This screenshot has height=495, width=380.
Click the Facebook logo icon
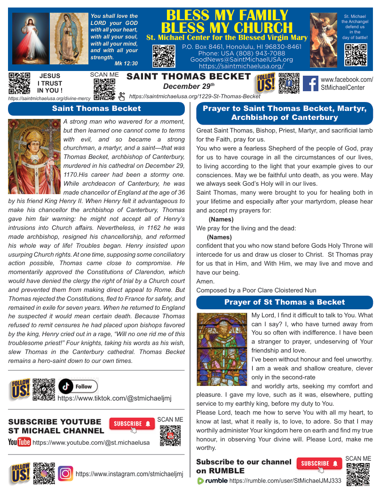click(310, 84)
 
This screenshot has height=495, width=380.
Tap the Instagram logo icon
click(65, 473)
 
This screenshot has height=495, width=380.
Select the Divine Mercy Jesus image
click(30, 38)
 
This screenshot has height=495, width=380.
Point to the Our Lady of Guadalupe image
click(69, 38)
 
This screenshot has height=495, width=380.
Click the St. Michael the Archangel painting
click(324, 37)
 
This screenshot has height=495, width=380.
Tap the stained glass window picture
click(222, 342)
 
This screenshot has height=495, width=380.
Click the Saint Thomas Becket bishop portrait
click(34, 156)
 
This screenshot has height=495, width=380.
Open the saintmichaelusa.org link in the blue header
click(241, 66)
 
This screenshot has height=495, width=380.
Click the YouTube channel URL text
click(91, 442)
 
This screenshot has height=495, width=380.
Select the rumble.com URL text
click(285, 480)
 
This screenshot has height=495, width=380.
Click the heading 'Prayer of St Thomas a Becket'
click(285, 302)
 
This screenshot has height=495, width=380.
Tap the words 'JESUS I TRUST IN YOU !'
click(50, 83)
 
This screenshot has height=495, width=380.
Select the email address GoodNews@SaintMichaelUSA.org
click(241, 60)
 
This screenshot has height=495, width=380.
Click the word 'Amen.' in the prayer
click(205, 281)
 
